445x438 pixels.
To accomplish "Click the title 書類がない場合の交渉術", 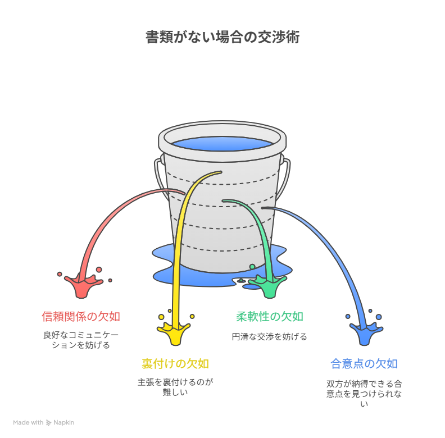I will (222, 38).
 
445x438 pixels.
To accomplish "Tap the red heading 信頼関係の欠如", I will (81, 317).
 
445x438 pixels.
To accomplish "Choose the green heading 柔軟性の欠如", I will (269, 317).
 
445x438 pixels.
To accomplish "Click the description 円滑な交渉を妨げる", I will (269, 337).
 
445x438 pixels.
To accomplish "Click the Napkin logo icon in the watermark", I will (49, 422).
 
